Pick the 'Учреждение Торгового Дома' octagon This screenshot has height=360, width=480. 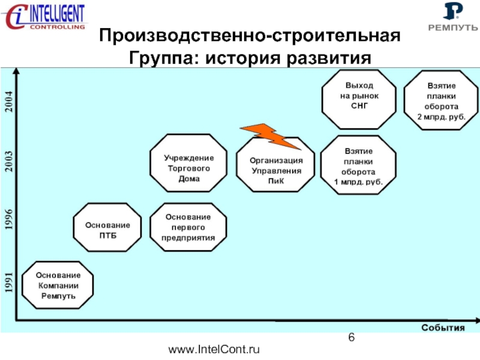click(189, 164)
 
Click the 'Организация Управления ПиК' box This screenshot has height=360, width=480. click(276, 165)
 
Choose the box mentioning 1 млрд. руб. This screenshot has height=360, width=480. click(358, 165)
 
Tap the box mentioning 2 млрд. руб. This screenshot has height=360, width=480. click(441, 100)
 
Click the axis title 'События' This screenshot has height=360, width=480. click(443, 328)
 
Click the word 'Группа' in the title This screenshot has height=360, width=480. click(157, 58)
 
